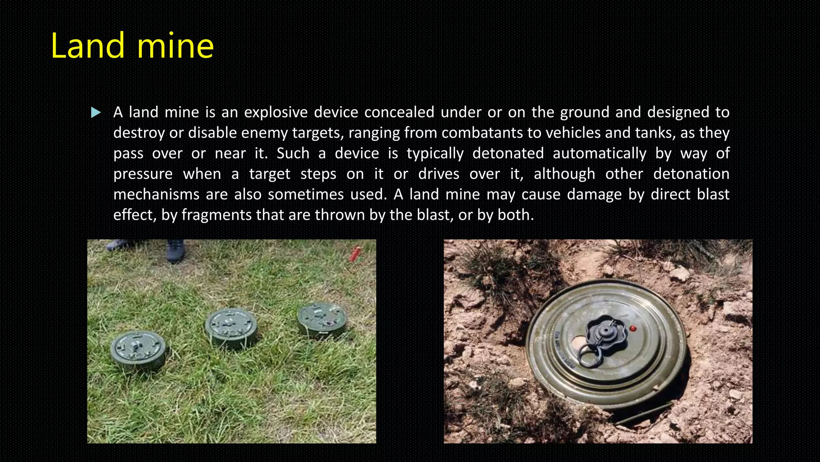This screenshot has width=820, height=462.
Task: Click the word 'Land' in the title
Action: [x=88, y=46]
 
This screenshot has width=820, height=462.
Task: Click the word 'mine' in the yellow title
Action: [x=175, y=46]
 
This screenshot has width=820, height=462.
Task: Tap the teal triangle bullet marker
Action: [x=96, y=113]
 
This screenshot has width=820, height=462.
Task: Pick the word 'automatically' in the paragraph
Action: [x=599, y=153]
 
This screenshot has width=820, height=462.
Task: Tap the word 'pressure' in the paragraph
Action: [x=143, y=174]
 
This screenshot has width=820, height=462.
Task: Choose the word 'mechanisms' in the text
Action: [x=156, y=195]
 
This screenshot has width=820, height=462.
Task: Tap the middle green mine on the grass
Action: [x=231, y=327]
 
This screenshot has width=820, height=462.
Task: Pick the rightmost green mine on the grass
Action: [x=323, y=319]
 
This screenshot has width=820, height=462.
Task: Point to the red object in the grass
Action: [x=355, y=254]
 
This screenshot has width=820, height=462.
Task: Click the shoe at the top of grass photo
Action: [x=175, y=250]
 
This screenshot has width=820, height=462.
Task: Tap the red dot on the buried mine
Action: [x=633, y=329]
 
